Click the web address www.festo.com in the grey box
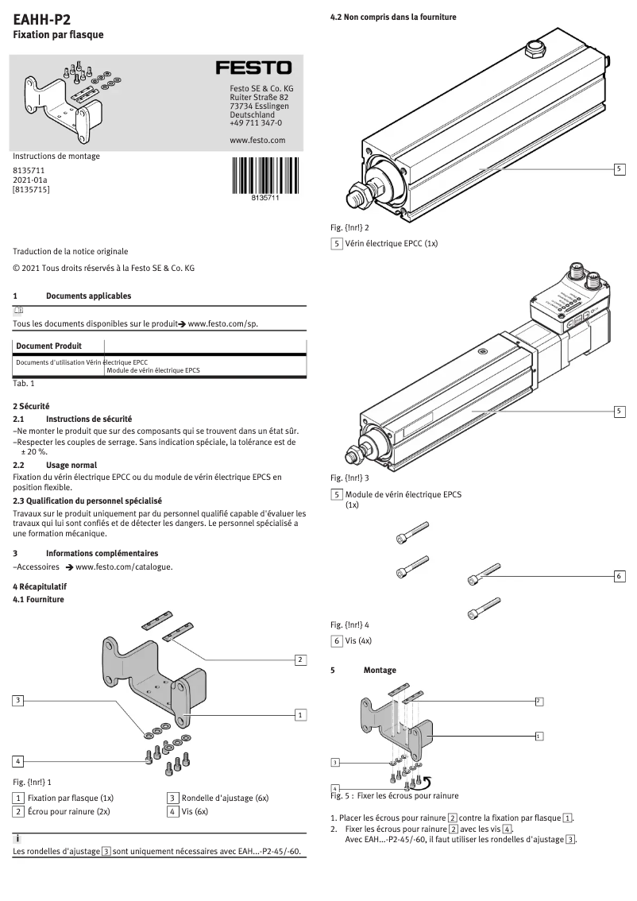point(257,140)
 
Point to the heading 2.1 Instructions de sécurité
point(88,418)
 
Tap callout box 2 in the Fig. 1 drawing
point(300,659)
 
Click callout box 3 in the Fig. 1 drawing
point(18,700)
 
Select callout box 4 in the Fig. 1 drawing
point(18,760)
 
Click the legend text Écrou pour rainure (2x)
point(68,812)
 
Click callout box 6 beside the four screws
point(620,576)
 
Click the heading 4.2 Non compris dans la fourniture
point(393,17)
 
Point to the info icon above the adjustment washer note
point(17,839)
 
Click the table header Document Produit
point(48,346)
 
